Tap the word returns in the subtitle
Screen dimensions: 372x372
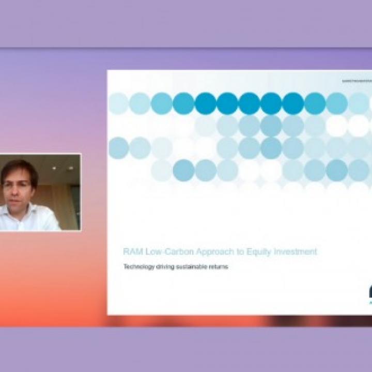tap(219, 267)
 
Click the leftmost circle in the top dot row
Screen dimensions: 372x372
tap(118, 103)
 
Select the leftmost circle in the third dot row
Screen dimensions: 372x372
tap(118, 148)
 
